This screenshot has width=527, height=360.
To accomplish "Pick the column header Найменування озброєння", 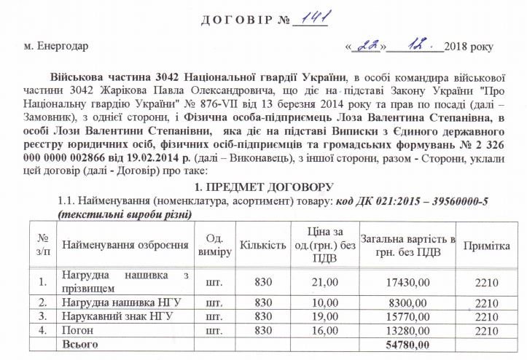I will click(x=125, y=244).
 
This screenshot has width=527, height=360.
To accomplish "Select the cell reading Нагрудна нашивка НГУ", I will click(x=120, y=301).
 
